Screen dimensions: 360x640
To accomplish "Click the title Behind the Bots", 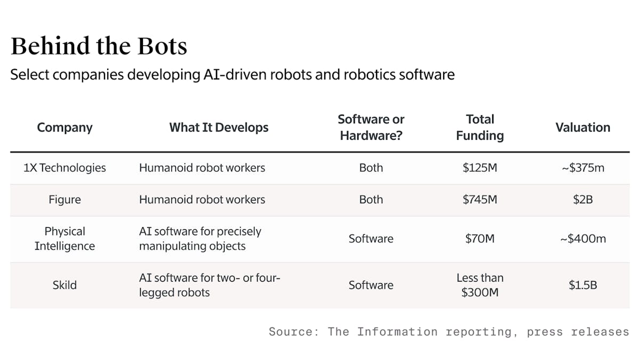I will click(x=99, y=46).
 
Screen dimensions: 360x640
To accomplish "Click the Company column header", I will click(x=65, y=127).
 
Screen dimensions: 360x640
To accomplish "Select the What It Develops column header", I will click(x=219, y=127).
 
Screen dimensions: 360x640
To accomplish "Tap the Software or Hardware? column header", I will click(x=371, y=127).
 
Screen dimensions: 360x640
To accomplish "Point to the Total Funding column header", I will click(x=479, y=127).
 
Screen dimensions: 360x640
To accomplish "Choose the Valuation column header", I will click(x=582, y=127).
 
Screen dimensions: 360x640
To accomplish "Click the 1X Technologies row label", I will click(x=65, y=168).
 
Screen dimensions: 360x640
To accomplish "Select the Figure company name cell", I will click(x=65, y=200).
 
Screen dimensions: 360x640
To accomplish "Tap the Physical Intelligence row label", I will click(x=65, y=239).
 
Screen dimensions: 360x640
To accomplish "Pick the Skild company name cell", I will click(x=65, y=285).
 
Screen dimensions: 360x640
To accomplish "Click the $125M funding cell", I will click(x=479, y=168).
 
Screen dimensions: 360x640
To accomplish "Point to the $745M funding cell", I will click(x=479, y=200).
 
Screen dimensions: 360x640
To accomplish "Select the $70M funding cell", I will click(x=479, y=239).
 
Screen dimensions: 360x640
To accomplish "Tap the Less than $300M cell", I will click(x=479, y=285).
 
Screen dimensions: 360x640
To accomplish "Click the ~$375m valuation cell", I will click(x=582, y=168).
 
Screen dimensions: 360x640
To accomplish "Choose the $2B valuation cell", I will click(x=582, y=200).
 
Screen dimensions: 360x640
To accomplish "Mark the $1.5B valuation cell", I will click(x=582, y=285).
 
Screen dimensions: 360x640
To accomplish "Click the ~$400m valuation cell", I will click(x=582, y=239).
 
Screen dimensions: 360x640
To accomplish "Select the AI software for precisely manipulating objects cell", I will click(x=200, y=239).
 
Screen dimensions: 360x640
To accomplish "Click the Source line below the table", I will click(x=448, y=332).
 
